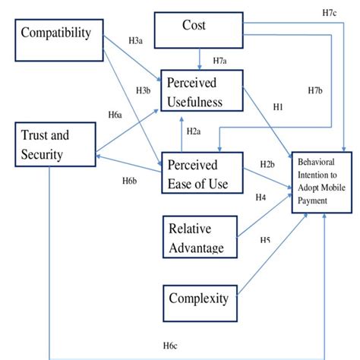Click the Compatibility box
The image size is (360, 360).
(55, 34)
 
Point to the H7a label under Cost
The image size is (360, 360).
(221, 60)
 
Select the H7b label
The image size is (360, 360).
(317, 90)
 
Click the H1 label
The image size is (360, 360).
(278, 107)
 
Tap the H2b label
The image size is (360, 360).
(267, 164)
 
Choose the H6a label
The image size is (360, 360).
(115, 115)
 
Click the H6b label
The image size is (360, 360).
(129, 180)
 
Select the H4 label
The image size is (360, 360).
(261, 197)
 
